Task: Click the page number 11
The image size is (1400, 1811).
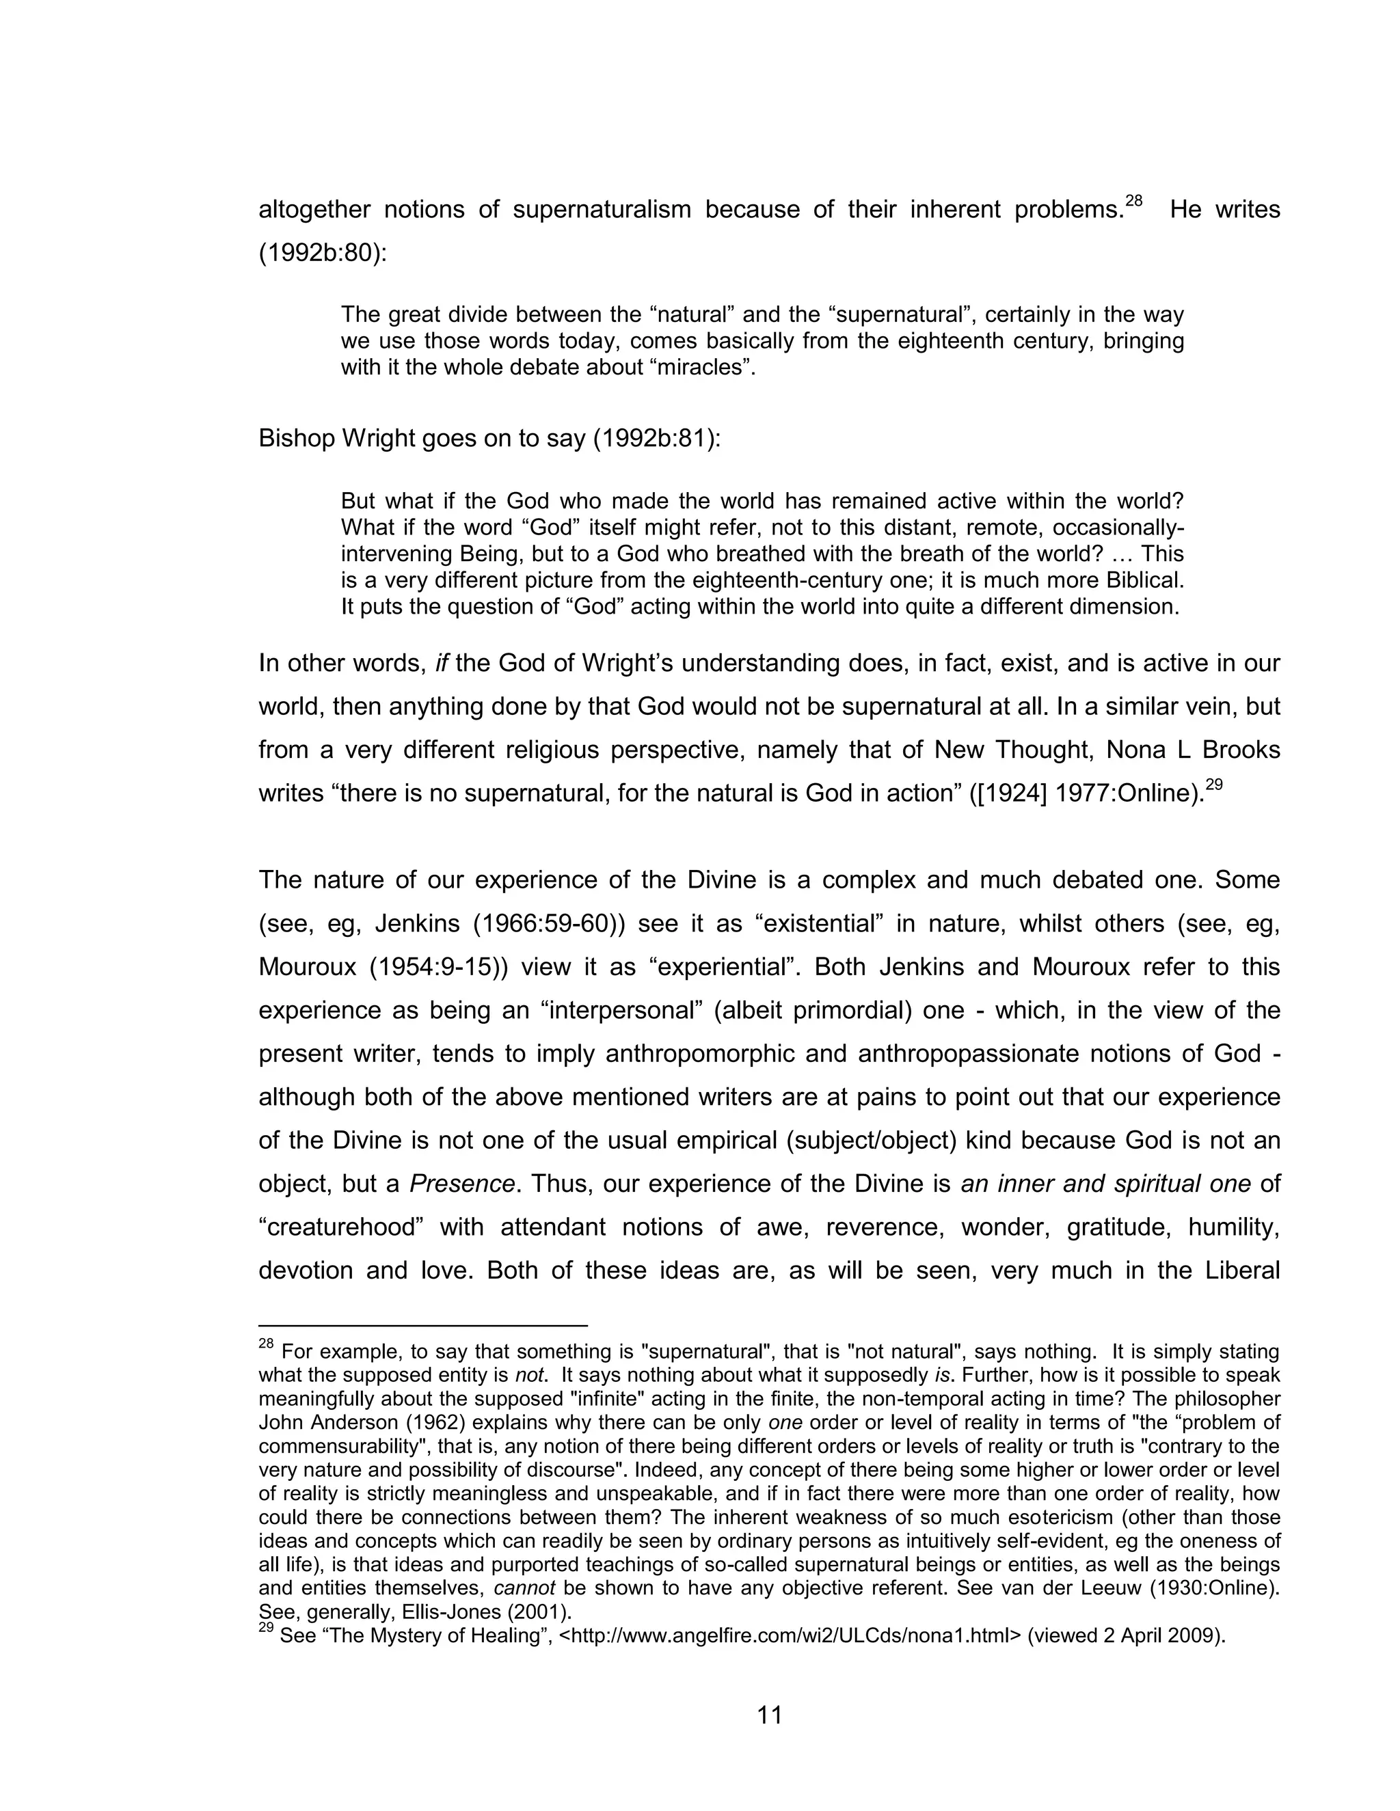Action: [770, 1715]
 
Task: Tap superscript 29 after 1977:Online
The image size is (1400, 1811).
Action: [1213, 785]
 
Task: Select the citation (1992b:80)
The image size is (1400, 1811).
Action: [323, 253]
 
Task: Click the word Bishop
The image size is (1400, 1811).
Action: [296, 438]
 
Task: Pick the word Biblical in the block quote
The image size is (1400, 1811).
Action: [1138, 580]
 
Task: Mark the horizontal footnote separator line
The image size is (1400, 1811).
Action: [423, 1326]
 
